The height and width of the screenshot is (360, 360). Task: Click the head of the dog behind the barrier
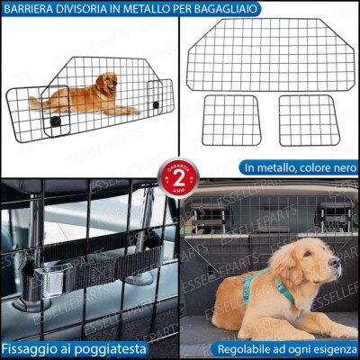108,83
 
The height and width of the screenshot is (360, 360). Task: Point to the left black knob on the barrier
56,119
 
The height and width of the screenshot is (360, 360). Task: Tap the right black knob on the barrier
155,105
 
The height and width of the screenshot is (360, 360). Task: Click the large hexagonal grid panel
271,54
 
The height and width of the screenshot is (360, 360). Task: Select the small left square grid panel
231,121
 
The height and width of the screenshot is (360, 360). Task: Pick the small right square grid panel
308,121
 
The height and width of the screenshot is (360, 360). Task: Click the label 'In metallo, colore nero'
298,167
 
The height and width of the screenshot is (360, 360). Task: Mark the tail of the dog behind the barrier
36,102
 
